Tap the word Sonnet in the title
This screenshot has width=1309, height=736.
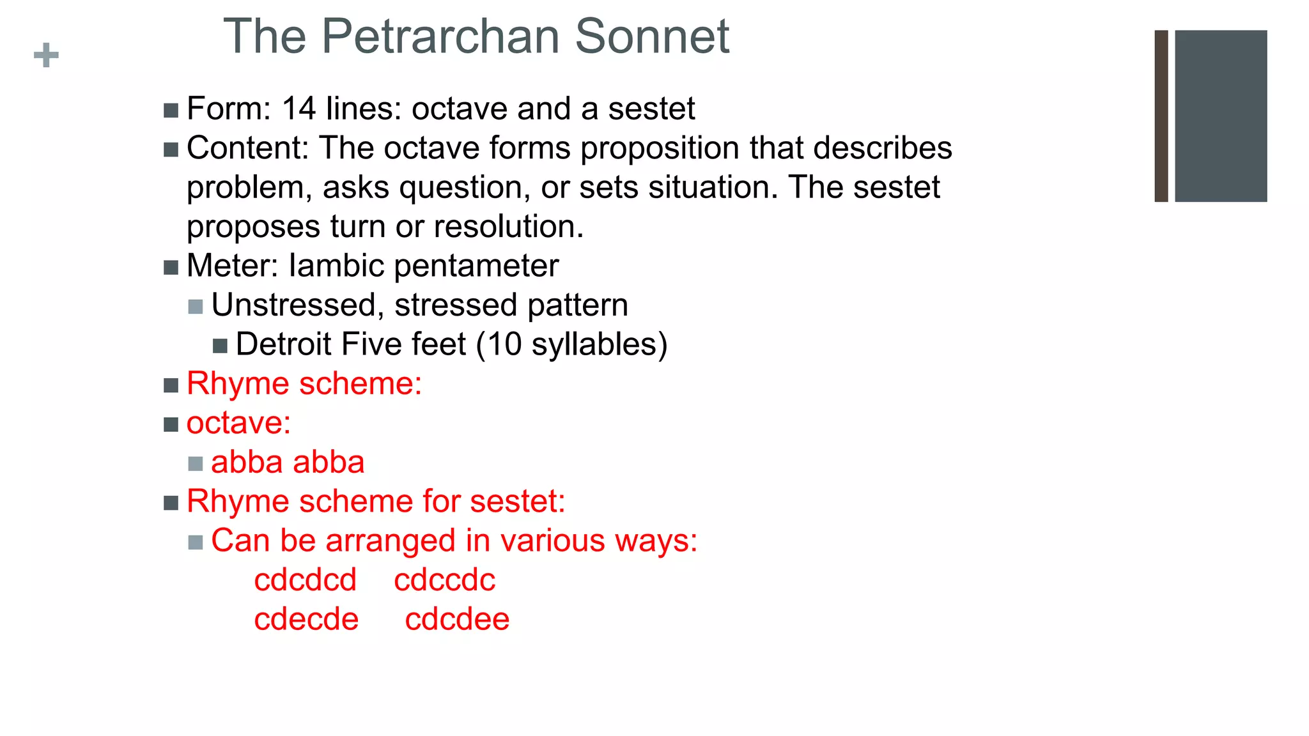coord(651,36)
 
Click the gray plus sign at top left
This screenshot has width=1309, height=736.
coord(46,55)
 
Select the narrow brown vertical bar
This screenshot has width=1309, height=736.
coord(1161,116)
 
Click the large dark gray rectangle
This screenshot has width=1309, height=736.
coord(1220,116)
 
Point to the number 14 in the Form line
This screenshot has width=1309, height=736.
coord(298,109)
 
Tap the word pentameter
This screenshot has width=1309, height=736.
coord(476,266)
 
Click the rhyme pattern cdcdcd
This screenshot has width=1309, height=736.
coord(305,580)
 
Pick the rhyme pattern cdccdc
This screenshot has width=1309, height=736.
coord(444,580)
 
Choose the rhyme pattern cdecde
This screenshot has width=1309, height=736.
coord(306,619)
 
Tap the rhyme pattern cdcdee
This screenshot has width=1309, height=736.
coord(457,619)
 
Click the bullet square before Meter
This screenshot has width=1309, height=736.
coord(171,267)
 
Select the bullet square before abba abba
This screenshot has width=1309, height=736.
coord(196,464)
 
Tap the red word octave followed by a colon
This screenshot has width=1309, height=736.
coord(238,423)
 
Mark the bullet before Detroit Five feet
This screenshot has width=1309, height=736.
coord(220,346)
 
